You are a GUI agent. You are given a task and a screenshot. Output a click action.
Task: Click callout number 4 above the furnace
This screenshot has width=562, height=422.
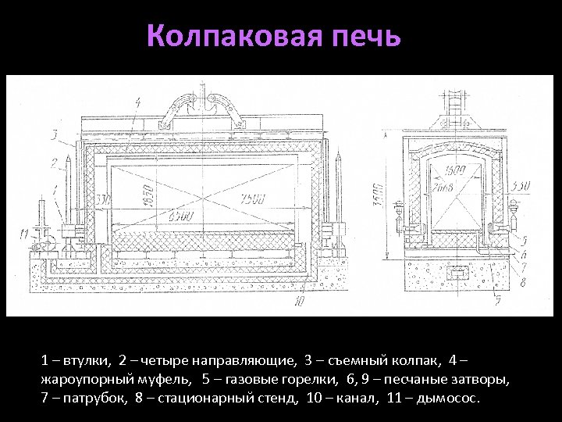(137, 102)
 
